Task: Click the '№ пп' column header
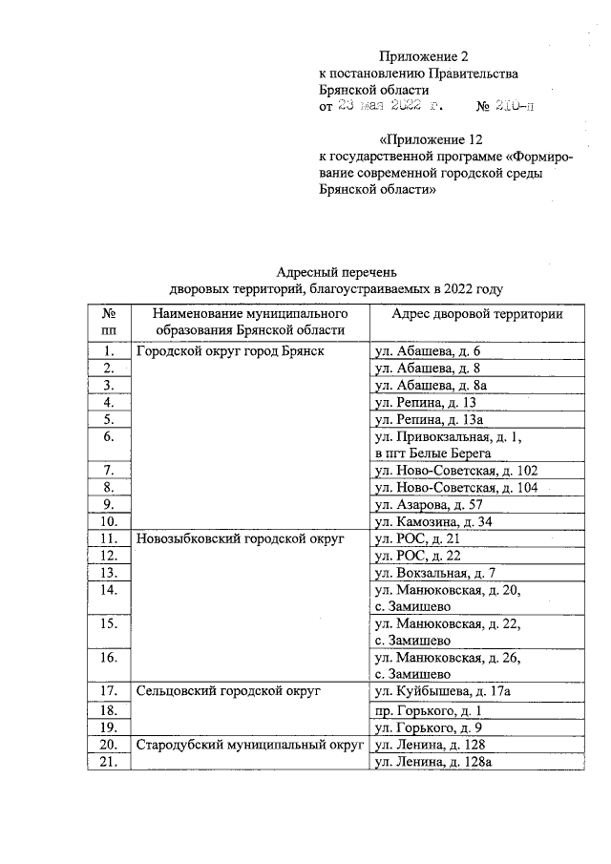click(x=109, y=322)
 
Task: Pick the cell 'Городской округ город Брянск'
click(x=230, y=351)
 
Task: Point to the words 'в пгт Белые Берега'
click(x=432, y=453)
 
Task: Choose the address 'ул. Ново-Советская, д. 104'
click(x=456, y=488)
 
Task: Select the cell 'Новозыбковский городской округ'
click(x=240, y=538)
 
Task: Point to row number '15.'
click(x=109, y=623)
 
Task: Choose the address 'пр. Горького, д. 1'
click(x=428, y=710)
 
